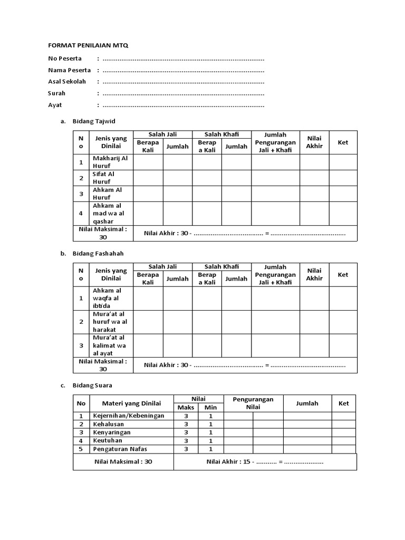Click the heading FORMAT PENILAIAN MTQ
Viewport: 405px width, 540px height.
pyautogui.click(x=88, y=46)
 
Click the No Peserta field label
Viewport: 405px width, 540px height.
pyautogui.click(x=65, y=58)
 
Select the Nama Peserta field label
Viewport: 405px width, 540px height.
pyautogui.click(x=69, y=70)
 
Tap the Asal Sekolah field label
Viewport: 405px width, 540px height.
pyautogui.click(x=67, y=81)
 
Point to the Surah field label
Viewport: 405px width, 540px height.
pyautogui.click(x=57, y=93)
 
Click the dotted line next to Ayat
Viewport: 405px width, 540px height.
pyautogui.click(x=183, y=105)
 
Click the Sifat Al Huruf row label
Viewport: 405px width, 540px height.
pyautogui.click(x=103, y=178)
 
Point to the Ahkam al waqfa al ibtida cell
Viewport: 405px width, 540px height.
pyautogui.click(x=107, y=298)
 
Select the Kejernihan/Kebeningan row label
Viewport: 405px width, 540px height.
pyautogui.click(x=129, y=416)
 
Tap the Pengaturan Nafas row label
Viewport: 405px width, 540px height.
pyautogui.click(x=120, y=449)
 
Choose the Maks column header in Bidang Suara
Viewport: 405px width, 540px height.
pyautogui.click(x=186, y=408)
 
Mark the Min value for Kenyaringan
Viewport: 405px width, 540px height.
pyautogui.click(x=211, y=432)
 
